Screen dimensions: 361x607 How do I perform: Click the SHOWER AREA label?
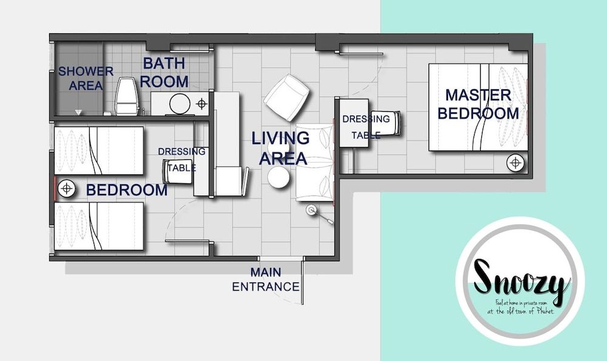coord(86,78)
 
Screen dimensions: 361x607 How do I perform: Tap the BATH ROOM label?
coord(165,72)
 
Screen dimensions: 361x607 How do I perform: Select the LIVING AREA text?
coord(280,148)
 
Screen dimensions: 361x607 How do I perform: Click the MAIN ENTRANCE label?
coord(266,280)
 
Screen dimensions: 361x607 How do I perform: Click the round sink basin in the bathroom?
coord(180,103)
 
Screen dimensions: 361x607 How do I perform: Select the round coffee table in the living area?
coord(279,178)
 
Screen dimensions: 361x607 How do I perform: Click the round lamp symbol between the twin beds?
coord(66,189)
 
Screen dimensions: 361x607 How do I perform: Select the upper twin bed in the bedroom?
coord(100,150)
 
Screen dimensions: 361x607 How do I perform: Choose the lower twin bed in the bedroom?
coord(100,226)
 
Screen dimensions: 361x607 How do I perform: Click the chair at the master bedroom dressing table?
coord(392,125)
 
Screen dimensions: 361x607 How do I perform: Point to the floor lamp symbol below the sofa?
coord(313,211)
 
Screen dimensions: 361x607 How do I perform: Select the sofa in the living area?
coord(314,162)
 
